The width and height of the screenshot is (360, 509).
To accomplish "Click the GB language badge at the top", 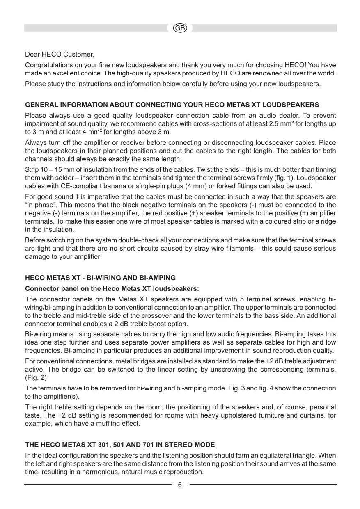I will tap(180, 28).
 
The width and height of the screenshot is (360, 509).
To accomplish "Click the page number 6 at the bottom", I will tap(180, 485).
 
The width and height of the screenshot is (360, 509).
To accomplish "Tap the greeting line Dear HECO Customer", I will tap(60, 54).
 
